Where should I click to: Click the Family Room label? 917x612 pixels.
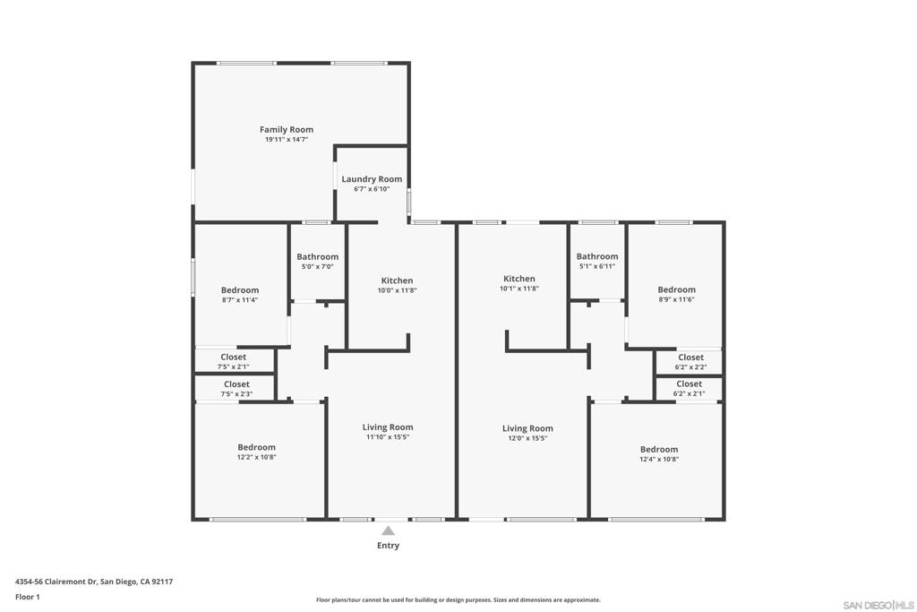click(287, 129)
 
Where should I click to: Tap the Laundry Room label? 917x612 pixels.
click(372, 179)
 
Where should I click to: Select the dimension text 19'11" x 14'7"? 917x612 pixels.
click(287, 139)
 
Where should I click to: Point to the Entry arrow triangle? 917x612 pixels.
click(388, 530)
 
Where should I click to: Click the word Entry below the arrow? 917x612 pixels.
click(389, 546)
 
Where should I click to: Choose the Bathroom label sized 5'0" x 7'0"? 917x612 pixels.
click(318, 256)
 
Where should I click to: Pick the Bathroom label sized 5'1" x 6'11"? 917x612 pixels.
click(597, 256)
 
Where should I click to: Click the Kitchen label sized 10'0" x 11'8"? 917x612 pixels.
click(397, 280)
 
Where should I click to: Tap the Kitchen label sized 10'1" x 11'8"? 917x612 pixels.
click(519, 279)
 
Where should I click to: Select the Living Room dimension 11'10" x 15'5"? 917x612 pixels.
click(388, 437)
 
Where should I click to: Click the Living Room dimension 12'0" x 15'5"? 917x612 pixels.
click(527, 438)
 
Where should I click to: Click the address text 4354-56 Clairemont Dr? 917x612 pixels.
click(56, 582)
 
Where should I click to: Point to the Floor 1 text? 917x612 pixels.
click(28, 597)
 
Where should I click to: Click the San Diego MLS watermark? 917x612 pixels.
click(878, 605)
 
